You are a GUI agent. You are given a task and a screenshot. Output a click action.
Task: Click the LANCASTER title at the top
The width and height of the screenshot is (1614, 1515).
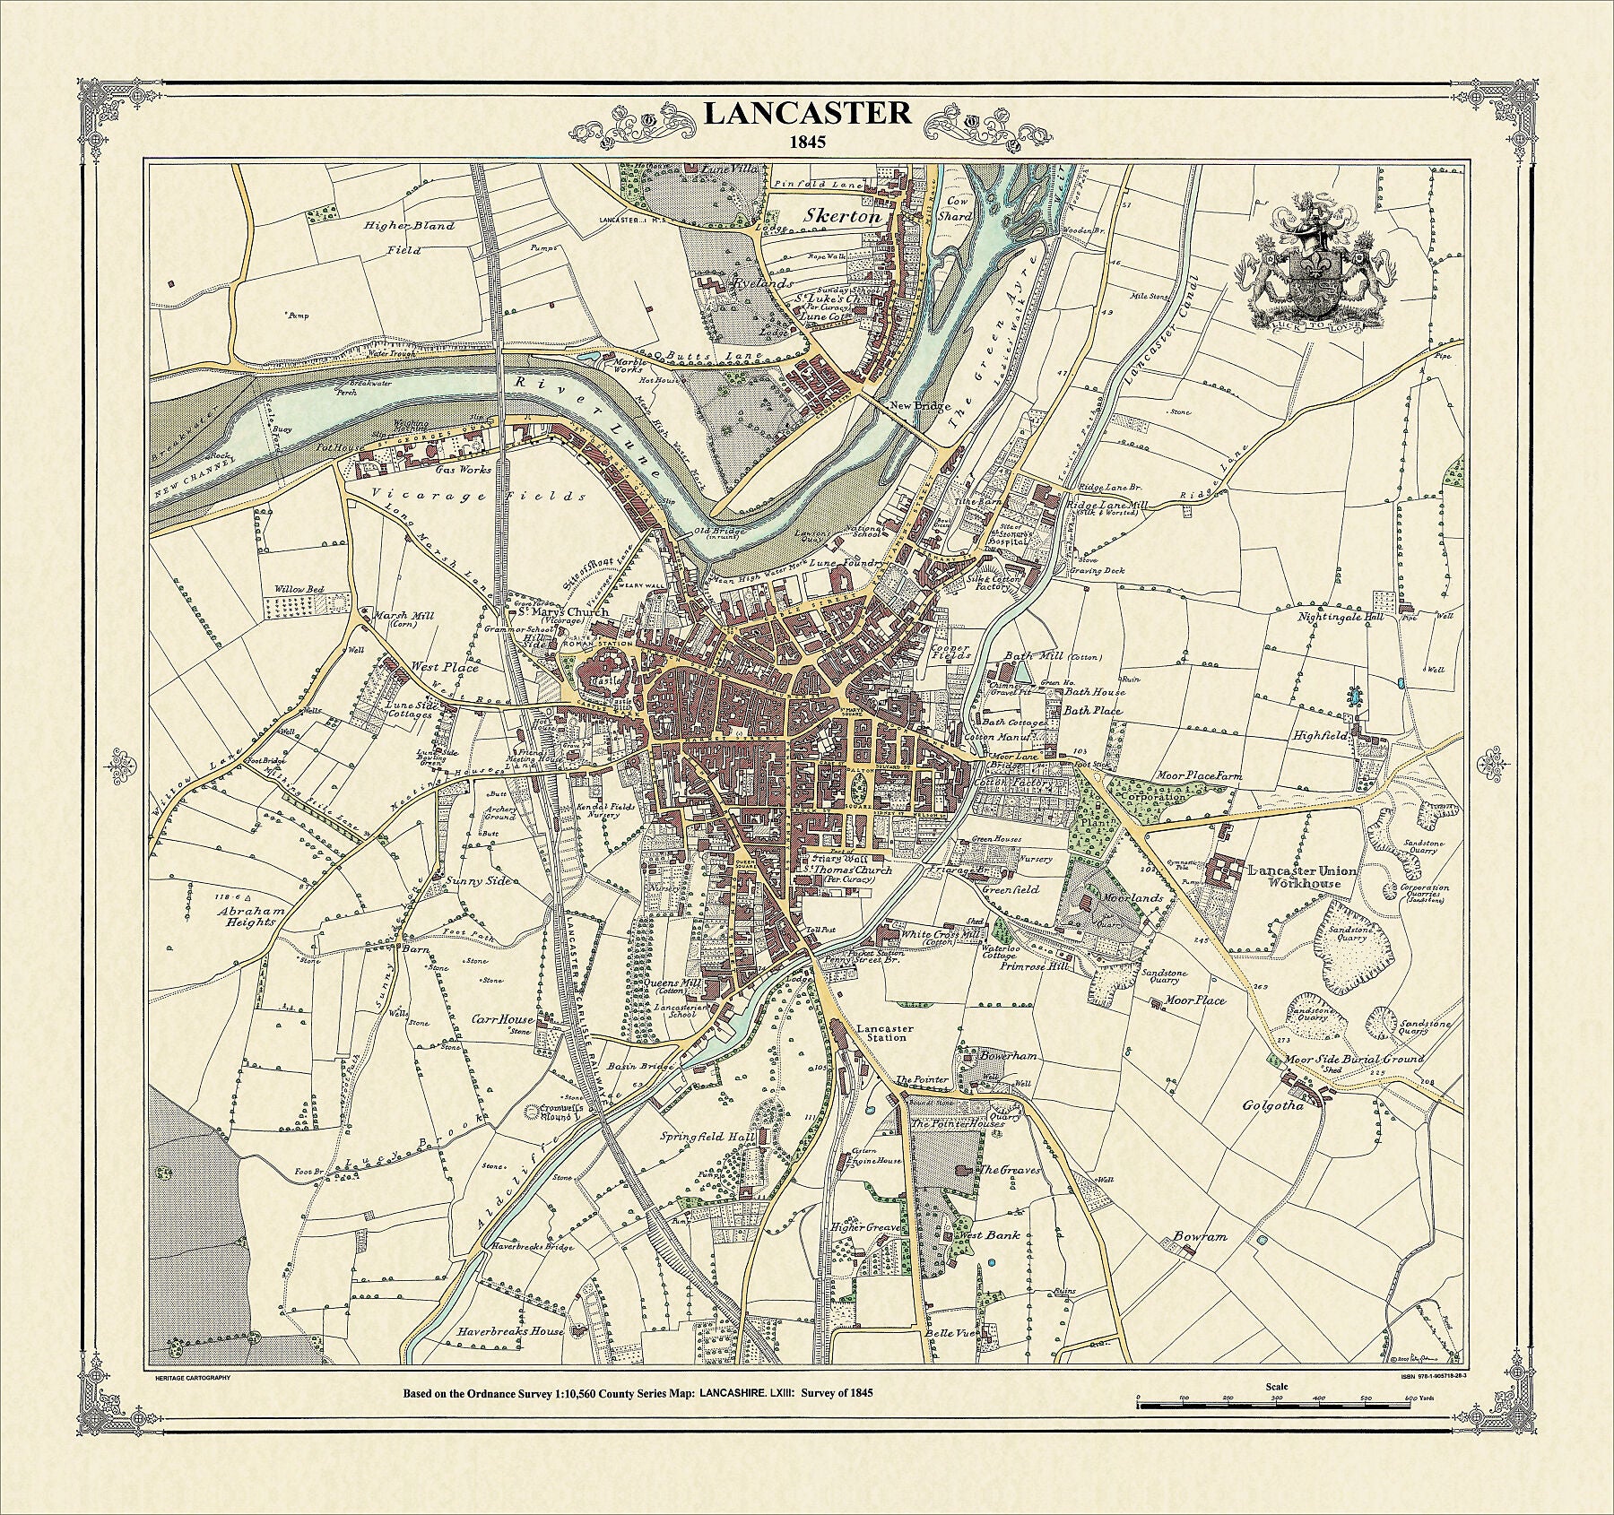[x=806, y=114]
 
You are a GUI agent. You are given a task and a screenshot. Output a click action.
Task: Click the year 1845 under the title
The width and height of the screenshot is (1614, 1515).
[x=806, y=141]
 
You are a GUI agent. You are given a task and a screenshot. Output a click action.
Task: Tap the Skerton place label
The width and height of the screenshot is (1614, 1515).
[x=844, y=216]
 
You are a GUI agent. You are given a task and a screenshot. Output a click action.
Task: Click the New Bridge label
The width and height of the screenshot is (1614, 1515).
[x=919, y=406]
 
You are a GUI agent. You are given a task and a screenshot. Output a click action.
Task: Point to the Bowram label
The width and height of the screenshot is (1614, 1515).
[x=1199, y=1236]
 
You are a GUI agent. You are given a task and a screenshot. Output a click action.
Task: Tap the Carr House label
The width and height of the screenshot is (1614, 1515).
[x=503, y=1019]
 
